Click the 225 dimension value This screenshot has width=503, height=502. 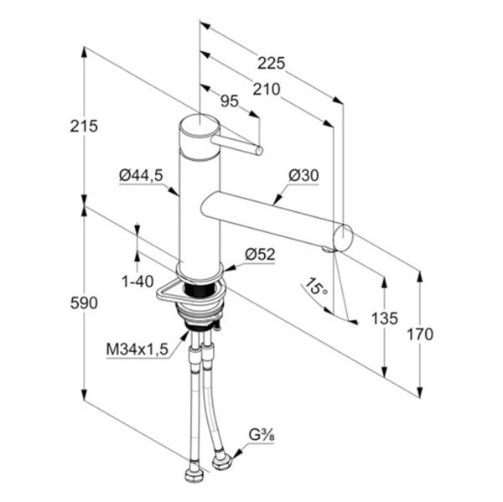(x=271, y=63)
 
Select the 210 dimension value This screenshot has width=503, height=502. (x=267, y=90)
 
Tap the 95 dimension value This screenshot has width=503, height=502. (x=230, y=101)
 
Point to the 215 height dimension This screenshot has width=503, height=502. (x=84, y=126)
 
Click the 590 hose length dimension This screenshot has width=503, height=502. (x=84, y=303)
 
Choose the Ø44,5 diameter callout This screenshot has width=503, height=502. (x=141, y=175)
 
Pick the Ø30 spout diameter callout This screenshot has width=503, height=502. (x=303, y=175)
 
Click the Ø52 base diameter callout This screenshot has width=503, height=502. (x=260, y=255)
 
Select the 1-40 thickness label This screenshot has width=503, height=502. (x=137, y=282)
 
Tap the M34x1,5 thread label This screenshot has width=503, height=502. (x=137, y=349)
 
